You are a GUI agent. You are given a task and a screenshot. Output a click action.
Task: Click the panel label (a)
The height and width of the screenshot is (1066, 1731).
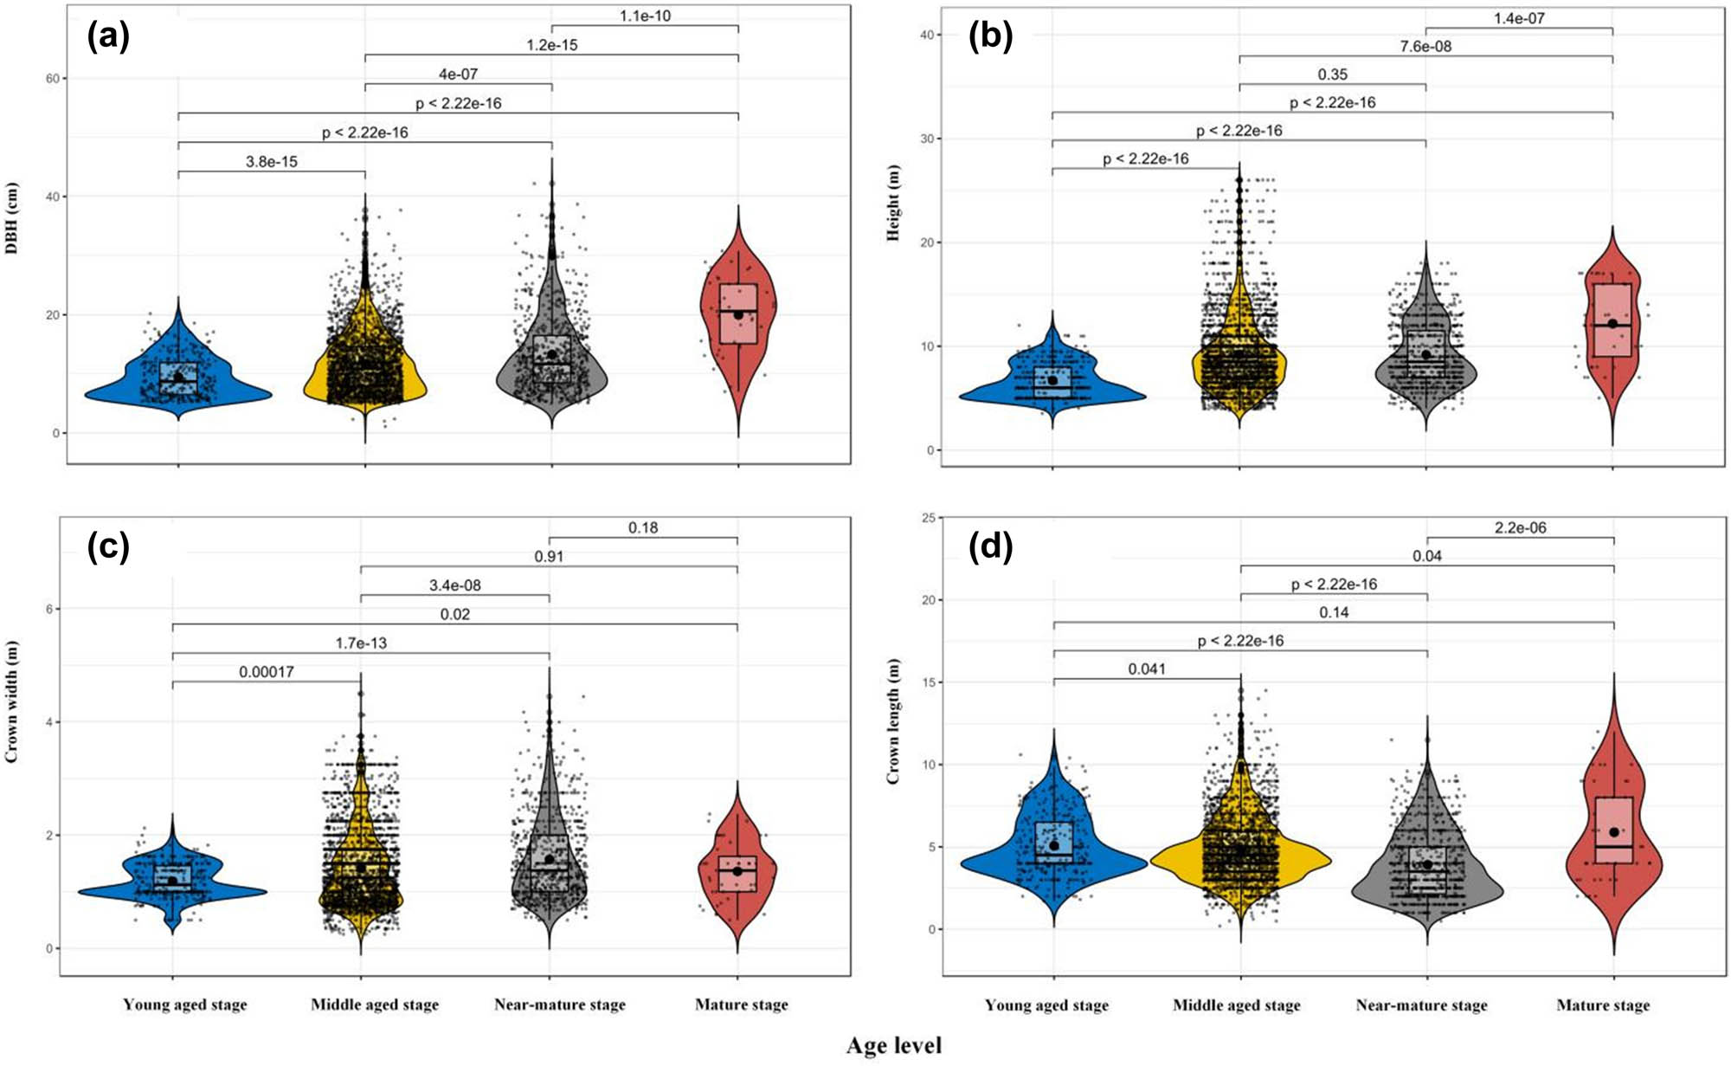(x=108, y=37)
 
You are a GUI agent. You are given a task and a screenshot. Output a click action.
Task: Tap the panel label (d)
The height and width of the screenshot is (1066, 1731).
(x=990, y=547)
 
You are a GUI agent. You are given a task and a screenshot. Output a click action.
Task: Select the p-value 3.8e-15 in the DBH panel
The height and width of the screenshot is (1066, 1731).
(x=271, y=162)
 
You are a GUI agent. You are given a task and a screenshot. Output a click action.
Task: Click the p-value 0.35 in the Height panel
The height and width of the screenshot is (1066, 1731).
(x=1332, y=74)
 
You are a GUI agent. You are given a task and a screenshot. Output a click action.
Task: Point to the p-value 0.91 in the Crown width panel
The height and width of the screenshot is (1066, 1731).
(x=549, y=557)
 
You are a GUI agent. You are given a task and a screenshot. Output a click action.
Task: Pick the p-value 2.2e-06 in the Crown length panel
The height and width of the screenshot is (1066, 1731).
(x=1520, y=527)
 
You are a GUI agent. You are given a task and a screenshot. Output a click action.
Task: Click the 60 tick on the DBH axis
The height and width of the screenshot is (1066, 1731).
(x=53, y=79)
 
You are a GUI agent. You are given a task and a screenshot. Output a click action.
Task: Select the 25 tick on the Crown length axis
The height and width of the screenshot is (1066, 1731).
(x=929, y=518)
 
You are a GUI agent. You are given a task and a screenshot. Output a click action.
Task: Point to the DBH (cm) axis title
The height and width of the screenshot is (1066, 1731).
(x=11, y=217)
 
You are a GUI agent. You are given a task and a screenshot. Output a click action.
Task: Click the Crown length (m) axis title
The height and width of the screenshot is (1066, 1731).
(x=892, y=720)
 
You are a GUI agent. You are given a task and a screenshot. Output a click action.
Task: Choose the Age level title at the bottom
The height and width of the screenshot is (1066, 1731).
(x=893, y=1046)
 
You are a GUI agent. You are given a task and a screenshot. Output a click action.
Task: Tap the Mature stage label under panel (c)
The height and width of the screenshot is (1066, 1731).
(x=741, y=1005)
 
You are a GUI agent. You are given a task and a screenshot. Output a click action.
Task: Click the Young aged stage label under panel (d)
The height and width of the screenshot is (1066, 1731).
(x=1046, y=1005)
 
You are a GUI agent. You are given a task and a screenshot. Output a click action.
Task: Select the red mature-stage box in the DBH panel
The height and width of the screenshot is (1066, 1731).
(x=738, y=313)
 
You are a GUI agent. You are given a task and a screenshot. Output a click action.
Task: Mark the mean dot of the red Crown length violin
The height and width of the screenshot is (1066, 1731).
(x=1613, y=832)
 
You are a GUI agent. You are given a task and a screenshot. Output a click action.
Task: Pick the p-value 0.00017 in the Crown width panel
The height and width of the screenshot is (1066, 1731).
(x=266, y=672)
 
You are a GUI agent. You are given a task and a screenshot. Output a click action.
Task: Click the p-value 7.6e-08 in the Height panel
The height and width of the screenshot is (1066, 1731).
(x=1425, y=47)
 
